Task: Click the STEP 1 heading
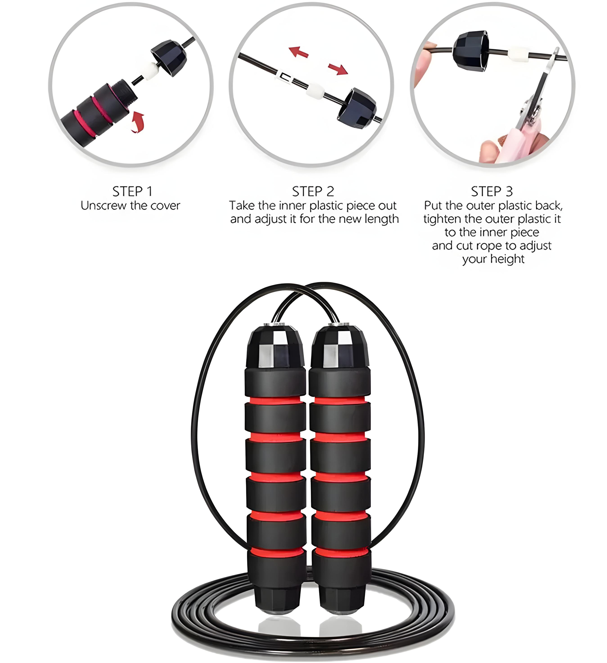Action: point(132,191)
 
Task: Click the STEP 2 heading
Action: point(313,191)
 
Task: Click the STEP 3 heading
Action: point(492,191)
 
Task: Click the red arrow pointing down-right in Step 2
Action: point(338,69)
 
